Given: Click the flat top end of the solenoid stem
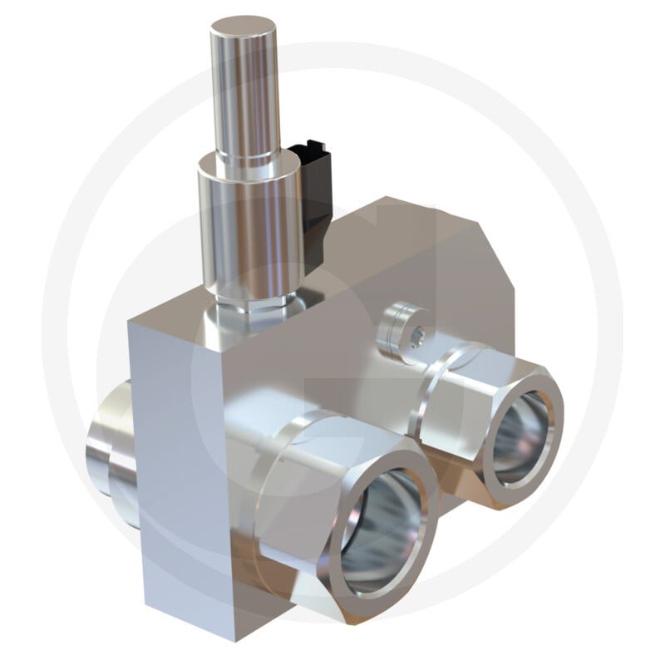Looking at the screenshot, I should tap(243, 30).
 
